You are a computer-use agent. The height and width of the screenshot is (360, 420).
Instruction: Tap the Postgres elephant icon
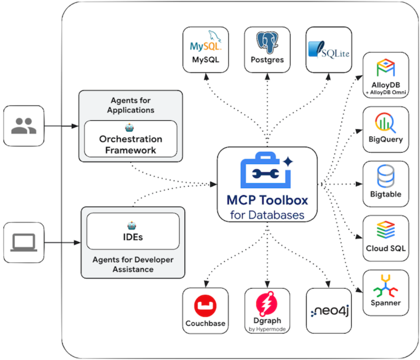pyautogui.click(x=267, y=43)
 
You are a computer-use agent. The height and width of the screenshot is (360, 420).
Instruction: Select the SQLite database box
pyautogui.click(x=329, y=50)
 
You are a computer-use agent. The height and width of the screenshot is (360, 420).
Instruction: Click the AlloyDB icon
pyautogui.click(x=386, y=68)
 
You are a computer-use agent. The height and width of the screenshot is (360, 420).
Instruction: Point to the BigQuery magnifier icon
pyautogui.click(x=385, y=123)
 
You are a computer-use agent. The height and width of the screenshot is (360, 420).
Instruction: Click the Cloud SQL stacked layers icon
pyautogui.click(x=386, y=231)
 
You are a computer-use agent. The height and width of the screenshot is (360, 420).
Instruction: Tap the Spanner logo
pyautogui.click(x=386, y=286)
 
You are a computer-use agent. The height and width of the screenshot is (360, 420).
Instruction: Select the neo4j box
pyautogui.click(x=329, y=310)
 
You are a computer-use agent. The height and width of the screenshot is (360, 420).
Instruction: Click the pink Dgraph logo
pyautogui.click(x=267, y=304)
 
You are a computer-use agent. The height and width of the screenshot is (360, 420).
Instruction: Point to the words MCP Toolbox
pyautogui.click(x=267, y=200)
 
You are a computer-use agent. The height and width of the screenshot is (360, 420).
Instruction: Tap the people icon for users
pyautogui.click(x=24, y=125)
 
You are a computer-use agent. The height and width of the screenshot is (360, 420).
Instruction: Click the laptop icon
pyautogui.click(x=24, y=242)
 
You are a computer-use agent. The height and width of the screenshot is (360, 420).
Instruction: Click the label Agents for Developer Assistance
pyautogui.click(x=133, y=265)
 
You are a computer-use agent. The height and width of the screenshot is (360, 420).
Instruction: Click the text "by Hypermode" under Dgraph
pyautogui.click(x=267, y=329)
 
